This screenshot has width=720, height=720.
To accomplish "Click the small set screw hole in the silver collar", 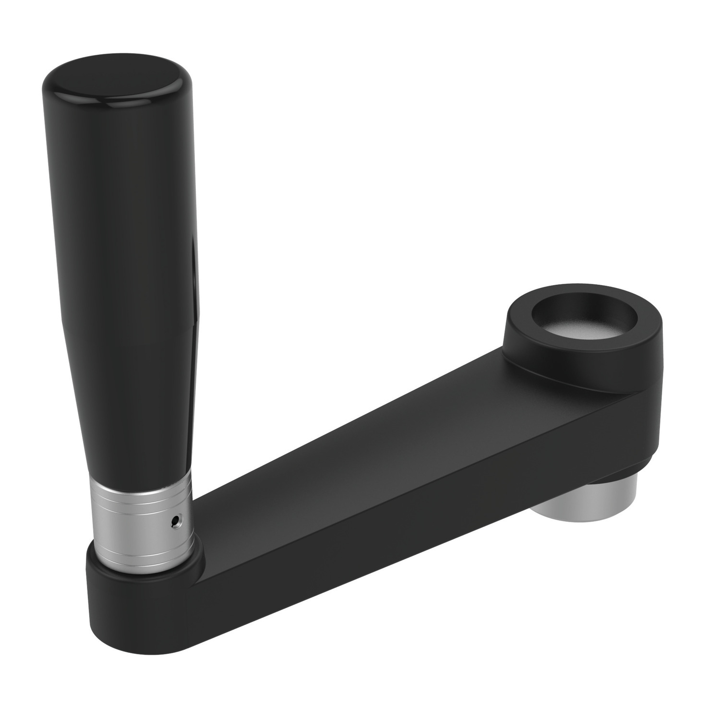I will coord(178,520).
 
